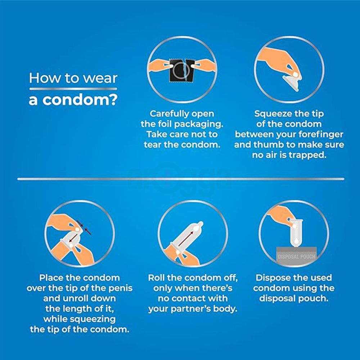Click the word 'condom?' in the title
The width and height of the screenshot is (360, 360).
(x=80, y=100)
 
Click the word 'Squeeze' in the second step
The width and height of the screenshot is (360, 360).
(x=271, y=114)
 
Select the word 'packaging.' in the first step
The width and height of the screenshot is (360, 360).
(x=198, y=124)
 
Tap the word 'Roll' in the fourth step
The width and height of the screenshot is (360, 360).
(x=156, y=278)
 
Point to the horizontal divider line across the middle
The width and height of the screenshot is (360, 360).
(x=181, y=179)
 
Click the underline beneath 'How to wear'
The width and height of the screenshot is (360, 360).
(x=73, y=89)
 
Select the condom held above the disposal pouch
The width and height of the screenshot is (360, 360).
(x=296, y=233)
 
